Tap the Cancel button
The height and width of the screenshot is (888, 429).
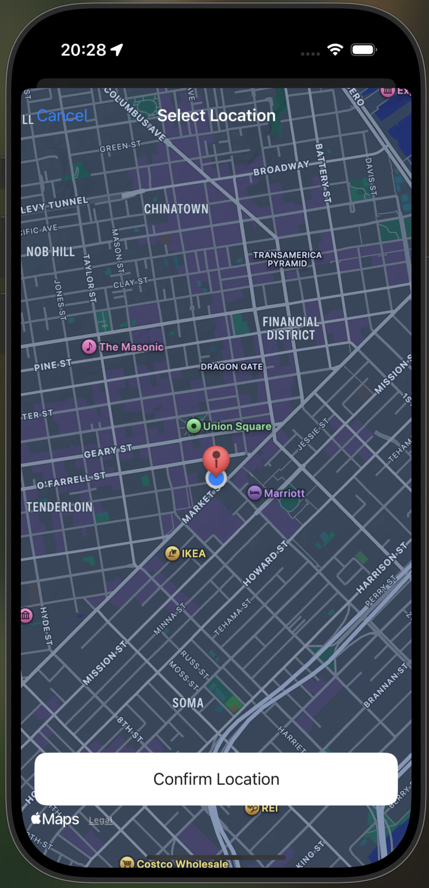pos(62,116)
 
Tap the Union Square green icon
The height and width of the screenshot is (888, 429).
pos(194,426)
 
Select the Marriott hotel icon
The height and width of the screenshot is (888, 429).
pos(255,493)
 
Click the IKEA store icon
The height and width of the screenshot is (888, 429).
pos(173,553)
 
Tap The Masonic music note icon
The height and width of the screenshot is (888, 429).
pos(89,346)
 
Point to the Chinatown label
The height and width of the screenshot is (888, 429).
pos(176,209)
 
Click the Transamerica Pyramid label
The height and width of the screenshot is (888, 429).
pos(287,259)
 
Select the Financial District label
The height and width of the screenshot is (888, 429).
pos(290,328)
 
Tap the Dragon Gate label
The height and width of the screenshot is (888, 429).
pos(232,367)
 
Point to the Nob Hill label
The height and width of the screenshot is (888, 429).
pos(50,252)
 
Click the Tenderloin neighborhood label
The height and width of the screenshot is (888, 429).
pos(59,507)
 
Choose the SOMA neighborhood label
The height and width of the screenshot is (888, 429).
pos(188,703)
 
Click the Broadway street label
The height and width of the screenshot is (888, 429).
pos(281,168)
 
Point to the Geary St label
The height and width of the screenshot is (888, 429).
pos(108,451)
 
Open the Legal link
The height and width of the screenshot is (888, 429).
pos(100,820)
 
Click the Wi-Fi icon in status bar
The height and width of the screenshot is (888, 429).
pos(335,50)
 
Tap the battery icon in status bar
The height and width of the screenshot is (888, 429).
pos(364,50)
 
